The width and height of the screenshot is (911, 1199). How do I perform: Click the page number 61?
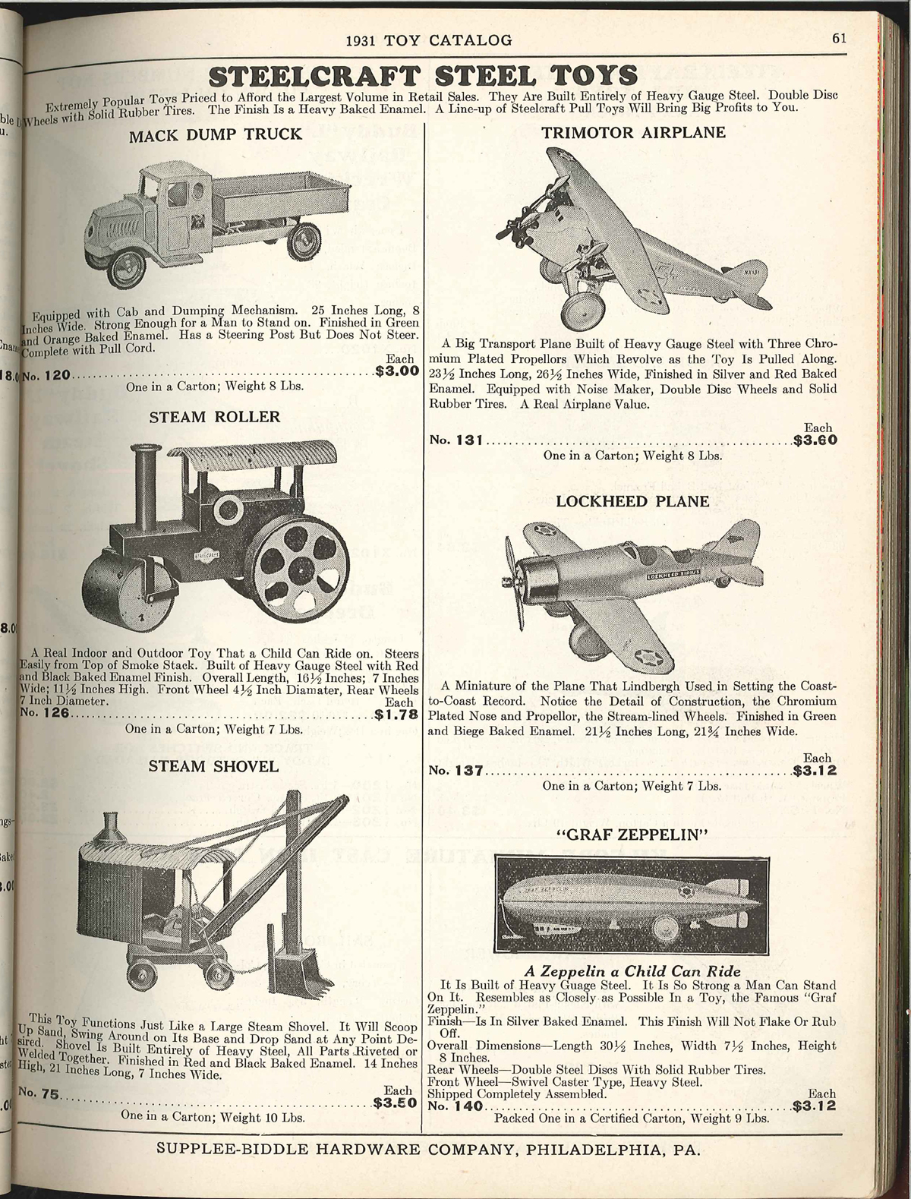[x=839, y=39]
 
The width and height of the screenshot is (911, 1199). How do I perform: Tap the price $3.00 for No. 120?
[x=397, y=372]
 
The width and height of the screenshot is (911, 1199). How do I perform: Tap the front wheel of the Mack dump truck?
[x=126, y=262]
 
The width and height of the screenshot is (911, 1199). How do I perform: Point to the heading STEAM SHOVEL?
[x=213, y=765]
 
